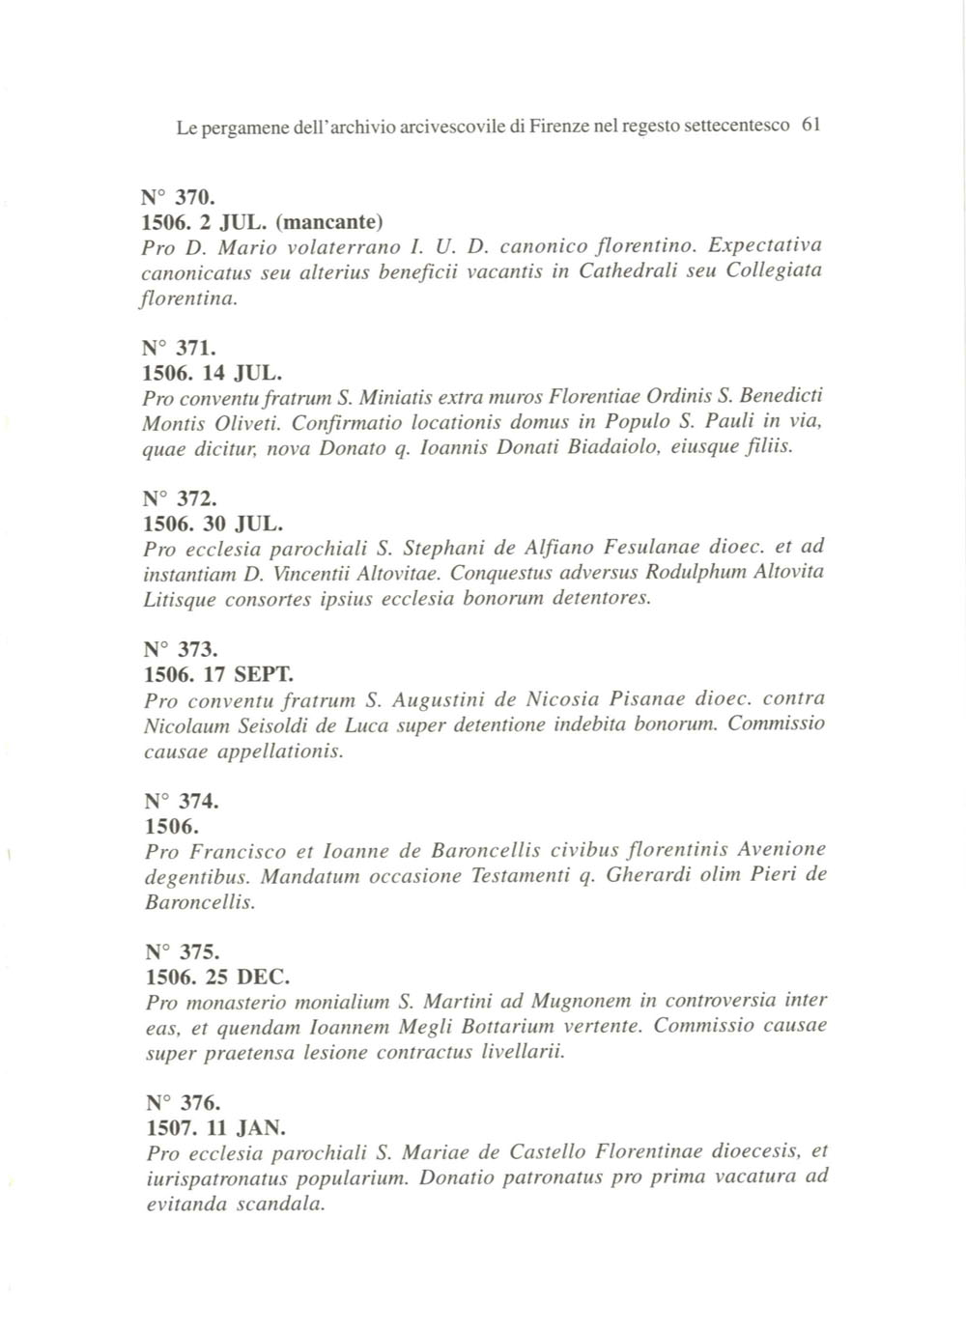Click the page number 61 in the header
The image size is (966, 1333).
click(x=811, y=125)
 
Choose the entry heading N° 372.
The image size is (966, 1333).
click(x=179, y=499)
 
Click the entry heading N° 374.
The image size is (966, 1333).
click(x=182, y=802)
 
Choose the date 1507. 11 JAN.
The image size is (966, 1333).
click(x=215, y=1127)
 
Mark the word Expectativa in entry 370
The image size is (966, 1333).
click(x=765, y=247)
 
